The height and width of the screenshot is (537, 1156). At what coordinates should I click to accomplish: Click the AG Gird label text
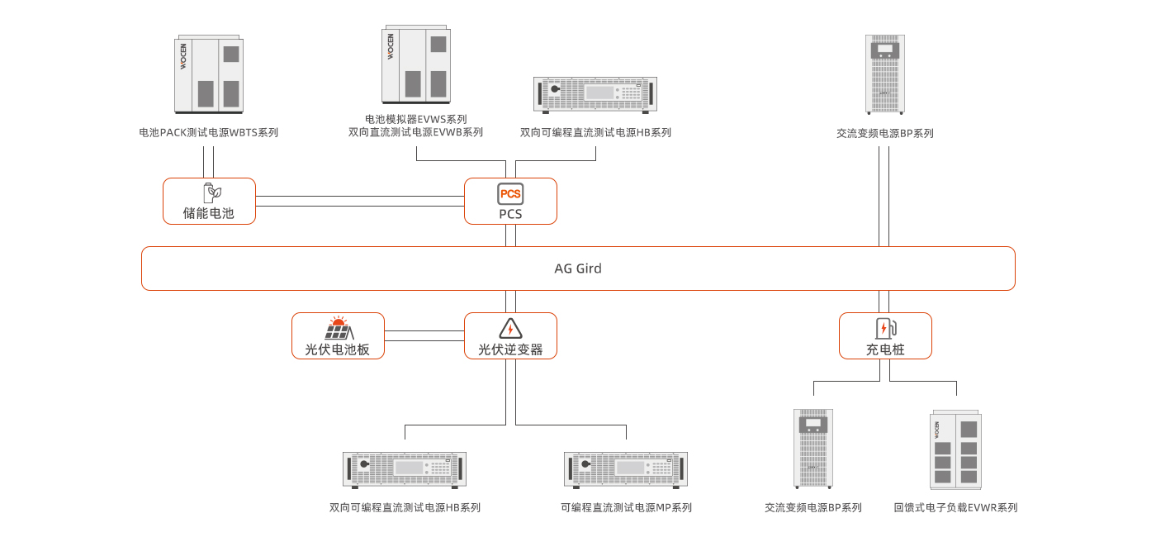point(577,268)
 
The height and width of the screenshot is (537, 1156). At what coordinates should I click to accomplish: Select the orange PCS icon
point(510,194)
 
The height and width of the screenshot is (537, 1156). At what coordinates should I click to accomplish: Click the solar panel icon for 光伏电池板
point(338,328)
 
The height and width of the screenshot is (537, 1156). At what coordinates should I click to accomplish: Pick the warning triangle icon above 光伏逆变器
point(510,328)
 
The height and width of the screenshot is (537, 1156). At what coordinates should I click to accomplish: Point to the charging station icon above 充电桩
point(885,328)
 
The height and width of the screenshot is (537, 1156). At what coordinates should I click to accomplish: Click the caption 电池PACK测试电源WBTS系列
point(208,132)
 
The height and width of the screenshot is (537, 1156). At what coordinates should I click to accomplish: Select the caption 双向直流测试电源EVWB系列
point(415,132)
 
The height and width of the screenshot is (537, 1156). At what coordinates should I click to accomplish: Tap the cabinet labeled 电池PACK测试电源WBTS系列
point(208,74)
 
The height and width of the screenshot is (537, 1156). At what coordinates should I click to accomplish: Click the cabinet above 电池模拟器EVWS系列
point(415,64)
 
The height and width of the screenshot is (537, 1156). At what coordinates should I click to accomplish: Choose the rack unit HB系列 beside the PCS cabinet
point(595,94)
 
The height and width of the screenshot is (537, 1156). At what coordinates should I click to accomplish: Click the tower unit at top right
point(884,74)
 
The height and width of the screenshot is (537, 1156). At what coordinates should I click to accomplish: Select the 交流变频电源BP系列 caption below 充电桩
point(813,507)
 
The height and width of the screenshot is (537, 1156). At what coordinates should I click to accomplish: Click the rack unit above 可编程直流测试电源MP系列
point(625,468)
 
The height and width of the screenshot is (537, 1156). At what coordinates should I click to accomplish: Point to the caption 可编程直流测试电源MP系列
point(625,507)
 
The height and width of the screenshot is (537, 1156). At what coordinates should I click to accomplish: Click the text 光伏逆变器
point(510,349)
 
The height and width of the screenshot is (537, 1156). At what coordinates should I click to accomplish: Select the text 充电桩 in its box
point(885,349)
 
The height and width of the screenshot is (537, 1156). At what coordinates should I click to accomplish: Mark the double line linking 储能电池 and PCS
point(360,201)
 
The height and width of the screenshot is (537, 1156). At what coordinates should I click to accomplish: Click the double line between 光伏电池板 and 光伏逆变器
point(424,335)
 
